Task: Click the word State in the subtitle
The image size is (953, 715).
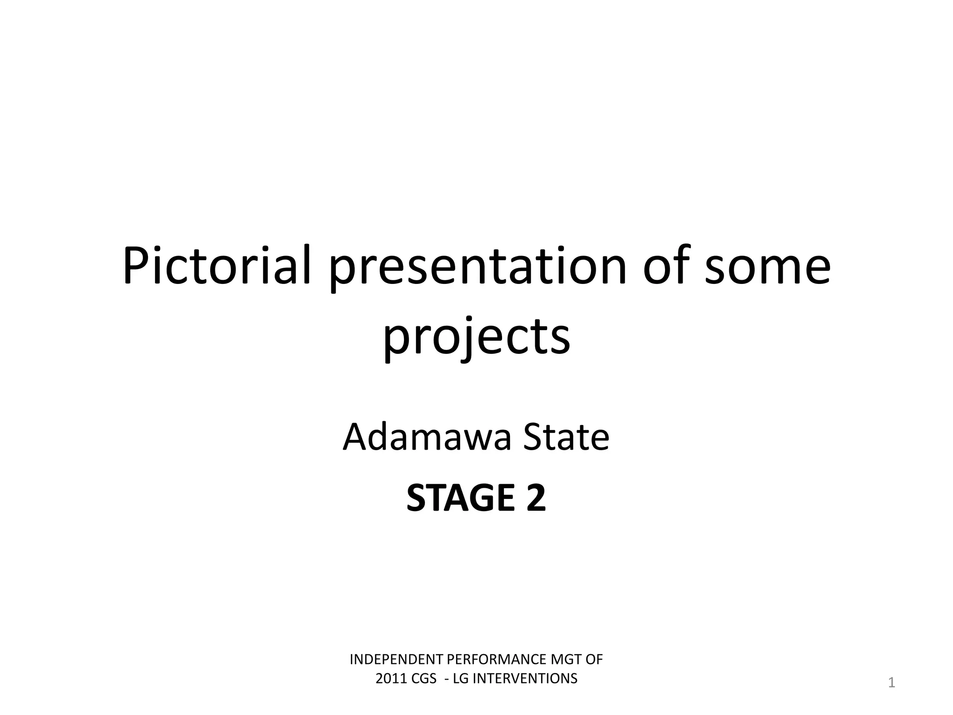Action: point(566,438)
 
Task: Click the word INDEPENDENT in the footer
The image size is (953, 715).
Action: point(397,660)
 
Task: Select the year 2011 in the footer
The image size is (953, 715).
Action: point(391,679)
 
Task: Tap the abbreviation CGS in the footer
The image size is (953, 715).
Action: point(424,679)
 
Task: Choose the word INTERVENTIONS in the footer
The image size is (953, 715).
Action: point(525,679)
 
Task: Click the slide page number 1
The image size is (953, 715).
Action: point(892,683)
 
